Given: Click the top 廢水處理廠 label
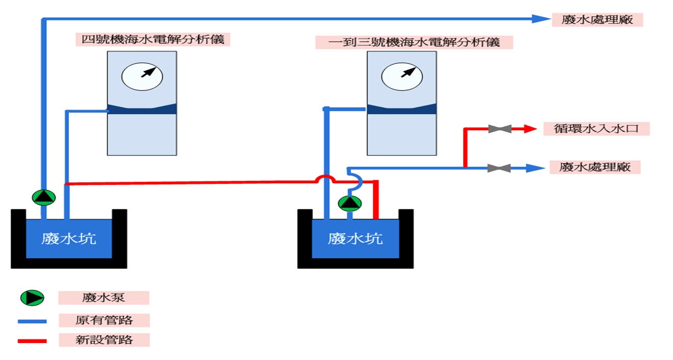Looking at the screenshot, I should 597,19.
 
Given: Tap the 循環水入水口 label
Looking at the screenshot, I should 596,128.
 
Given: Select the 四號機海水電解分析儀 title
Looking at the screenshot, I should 153,39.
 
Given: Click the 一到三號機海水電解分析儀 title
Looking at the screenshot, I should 414,42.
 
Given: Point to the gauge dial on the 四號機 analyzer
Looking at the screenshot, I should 142,76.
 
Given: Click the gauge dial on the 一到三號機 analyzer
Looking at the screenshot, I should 402,76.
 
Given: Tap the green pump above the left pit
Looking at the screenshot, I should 43,197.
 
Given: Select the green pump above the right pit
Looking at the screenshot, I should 350,203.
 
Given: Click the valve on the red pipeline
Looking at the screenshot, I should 499,129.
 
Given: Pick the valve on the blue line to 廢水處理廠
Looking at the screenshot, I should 499,167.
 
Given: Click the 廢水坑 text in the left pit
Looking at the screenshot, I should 68,238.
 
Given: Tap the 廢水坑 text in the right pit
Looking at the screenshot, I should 355,238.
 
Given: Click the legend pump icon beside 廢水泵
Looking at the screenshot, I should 32,297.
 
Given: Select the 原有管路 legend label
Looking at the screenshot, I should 104,320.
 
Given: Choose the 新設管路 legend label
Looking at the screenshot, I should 104,340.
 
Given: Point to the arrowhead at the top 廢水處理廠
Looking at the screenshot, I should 540,19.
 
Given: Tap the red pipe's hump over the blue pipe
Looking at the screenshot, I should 325,178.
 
